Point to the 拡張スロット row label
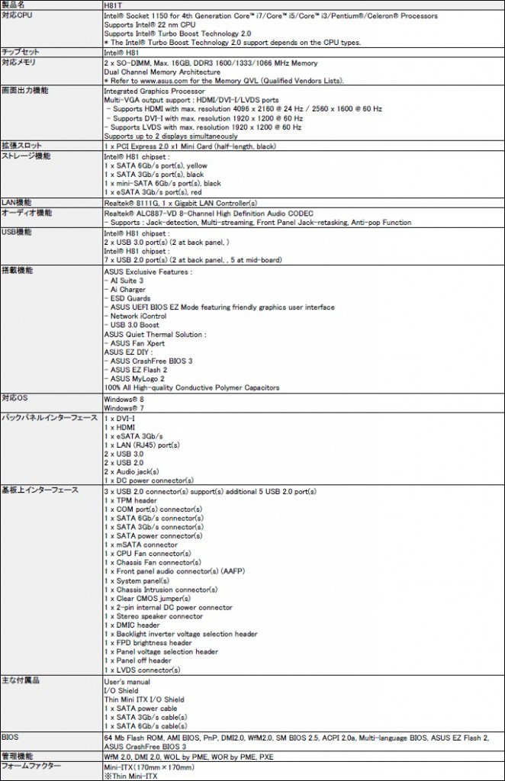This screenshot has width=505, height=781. [21, 145]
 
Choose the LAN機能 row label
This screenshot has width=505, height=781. [17, 203]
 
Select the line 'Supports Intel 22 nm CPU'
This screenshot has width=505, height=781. [150, 24]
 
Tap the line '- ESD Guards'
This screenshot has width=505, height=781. [127, 298]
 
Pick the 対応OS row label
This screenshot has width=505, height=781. [15, 398]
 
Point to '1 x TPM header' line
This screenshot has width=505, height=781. [131, 500]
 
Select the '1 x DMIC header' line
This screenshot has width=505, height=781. [132, 625]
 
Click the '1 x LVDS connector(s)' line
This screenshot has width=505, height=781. [142, 670]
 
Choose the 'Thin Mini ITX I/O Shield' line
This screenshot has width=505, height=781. [144, 699]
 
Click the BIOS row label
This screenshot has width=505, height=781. [11, 738]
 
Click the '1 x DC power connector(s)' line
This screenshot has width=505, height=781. [146, 480]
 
